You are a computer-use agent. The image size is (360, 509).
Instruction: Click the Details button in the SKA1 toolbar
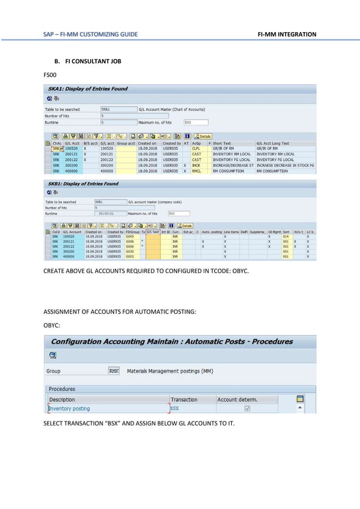coord(203,136)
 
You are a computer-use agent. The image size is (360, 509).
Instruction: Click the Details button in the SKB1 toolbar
coord(183,225)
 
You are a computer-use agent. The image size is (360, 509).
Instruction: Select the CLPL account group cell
coord(196,149)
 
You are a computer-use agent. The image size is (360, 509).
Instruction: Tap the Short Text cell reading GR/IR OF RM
coord(225,149)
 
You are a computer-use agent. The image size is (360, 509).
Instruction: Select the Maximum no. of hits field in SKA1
coord(196,122)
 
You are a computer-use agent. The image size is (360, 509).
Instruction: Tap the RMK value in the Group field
coord(113,371)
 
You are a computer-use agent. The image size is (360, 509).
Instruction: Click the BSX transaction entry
coord(175,409)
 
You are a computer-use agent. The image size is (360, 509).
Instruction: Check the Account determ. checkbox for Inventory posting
coord(247,409)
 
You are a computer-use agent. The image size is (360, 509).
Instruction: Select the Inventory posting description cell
coord(69,409)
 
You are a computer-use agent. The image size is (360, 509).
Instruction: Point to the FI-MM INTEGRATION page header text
coord(287,35)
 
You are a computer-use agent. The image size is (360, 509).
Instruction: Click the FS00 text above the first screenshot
coord(50,74)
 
